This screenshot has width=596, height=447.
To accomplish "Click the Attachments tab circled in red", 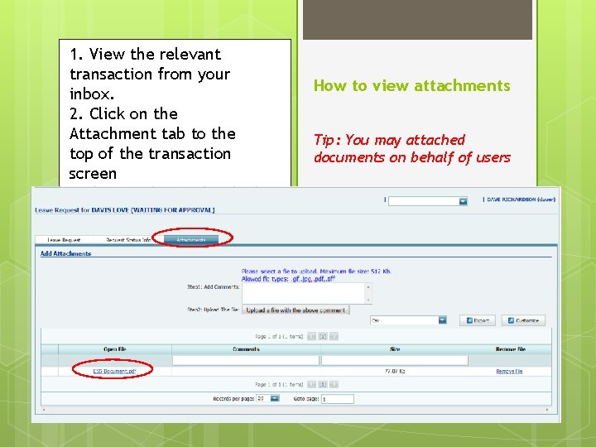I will [191, 240].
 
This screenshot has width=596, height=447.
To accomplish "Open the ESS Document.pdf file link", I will [114, 372].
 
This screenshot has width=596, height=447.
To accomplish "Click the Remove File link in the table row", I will [509, 372].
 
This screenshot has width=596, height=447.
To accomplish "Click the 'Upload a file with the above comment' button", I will [296, 310].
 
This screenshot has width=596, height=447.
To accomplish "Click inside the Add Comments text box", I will [306, 292].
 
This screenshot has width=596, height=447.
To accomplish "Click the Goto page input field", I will [337, 399].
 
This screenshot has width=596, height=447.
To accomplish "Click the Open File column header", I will [114, 349].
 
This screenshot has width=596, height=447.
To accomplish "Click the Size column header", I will [395, 349].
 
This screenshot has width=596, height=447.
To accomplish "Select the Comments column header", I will [246, 349].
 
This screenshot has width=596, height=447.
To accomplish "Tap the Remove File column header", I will [509, 349].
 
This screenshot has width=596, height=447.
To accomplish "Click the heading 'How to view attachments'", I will [411, 85].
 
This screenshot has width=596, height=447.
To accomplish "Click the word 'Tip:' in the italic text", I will [327, 140].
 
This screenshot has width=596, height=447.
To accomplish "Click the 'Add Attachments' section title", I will [66, 253].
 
